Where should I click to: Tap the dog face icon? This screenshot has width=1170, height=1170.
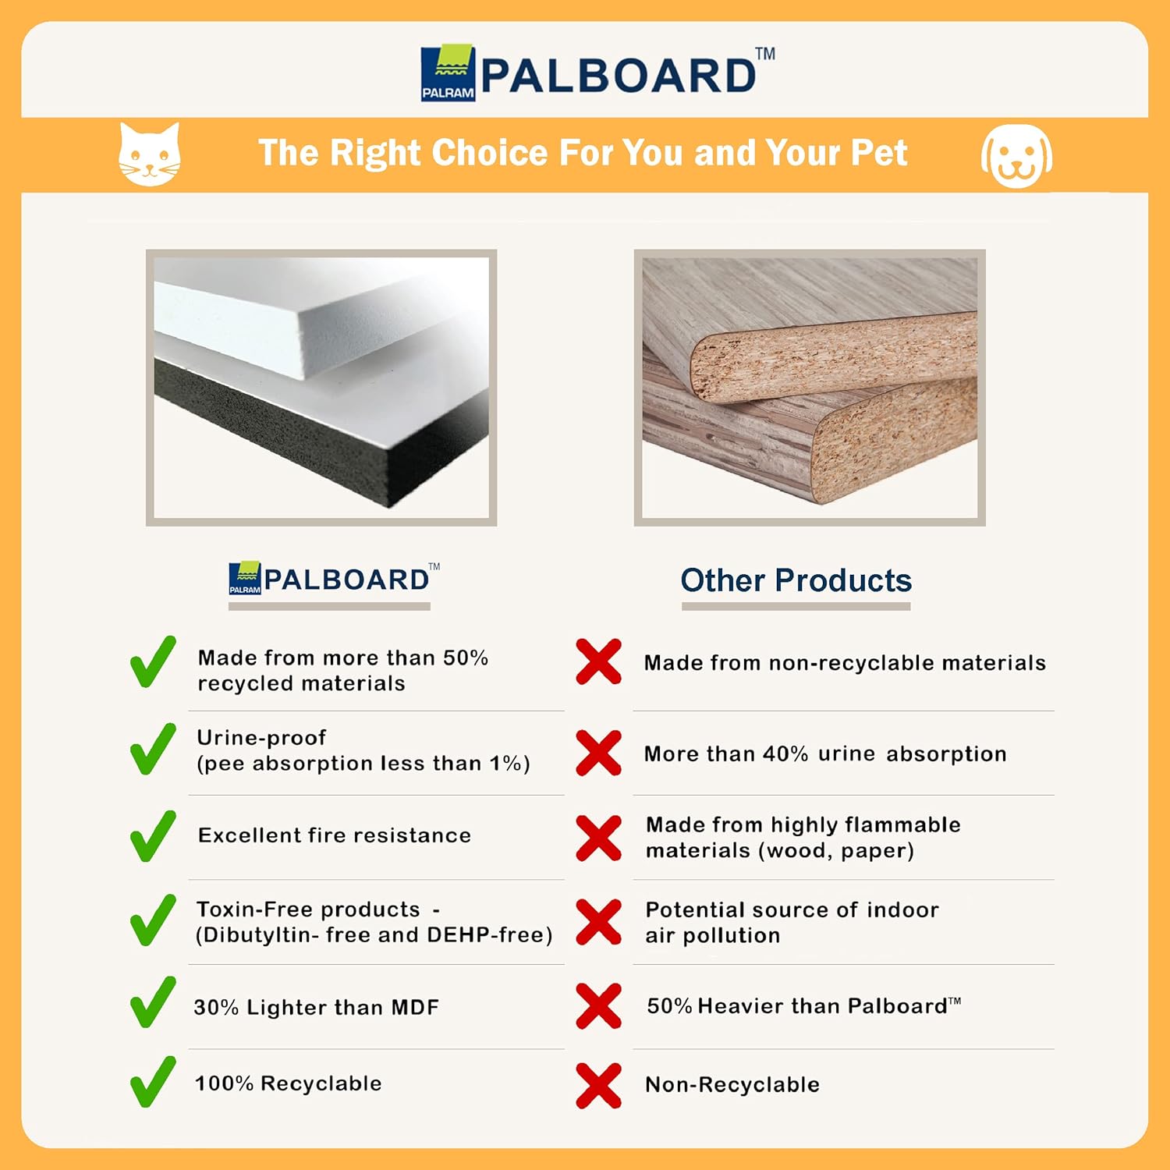pyautogui.click(x=1016, y=156)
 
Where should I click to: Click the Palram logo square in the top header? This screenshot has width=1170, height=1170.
pyautogui.click(x=448, y=73)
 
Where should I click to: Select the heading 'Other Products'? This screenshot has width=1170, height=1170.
pyautogui.click(x=796, y=580)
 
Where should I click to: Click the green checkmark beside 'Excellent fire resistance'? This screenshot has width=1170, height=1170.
pyautogui.click(x=153, y=835)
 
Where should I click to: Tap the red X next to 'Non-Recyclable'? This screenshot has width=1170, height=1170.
pyautogui.click(x=599, y=1085)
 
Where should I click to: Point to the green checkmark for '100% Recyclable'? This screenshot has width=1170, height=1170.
pyautogui.click(x=153, y=1082)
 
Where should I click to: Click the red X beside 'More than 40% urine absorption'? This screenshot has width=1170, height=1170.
pyautogui.click(x=599, y=753)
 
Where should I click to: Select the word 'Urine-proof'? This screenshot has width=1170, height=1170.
pyautogui.click(x=261, y=738)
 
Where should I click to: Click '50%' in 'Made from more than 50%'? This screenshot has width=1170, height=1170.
pyautogui.click(x=466, y=658)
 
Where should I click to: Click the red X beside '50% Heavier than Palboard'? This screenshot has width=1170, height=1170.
pyautogui.click(x=599, y=1006)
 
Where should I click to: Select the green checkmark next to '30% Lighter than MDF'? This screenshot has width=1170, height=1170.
pyautogui.click(x=153, y=1002)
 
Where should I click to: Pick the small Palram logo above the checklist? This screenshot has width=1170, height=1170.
pyautogui.click(x=245, y=578)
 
